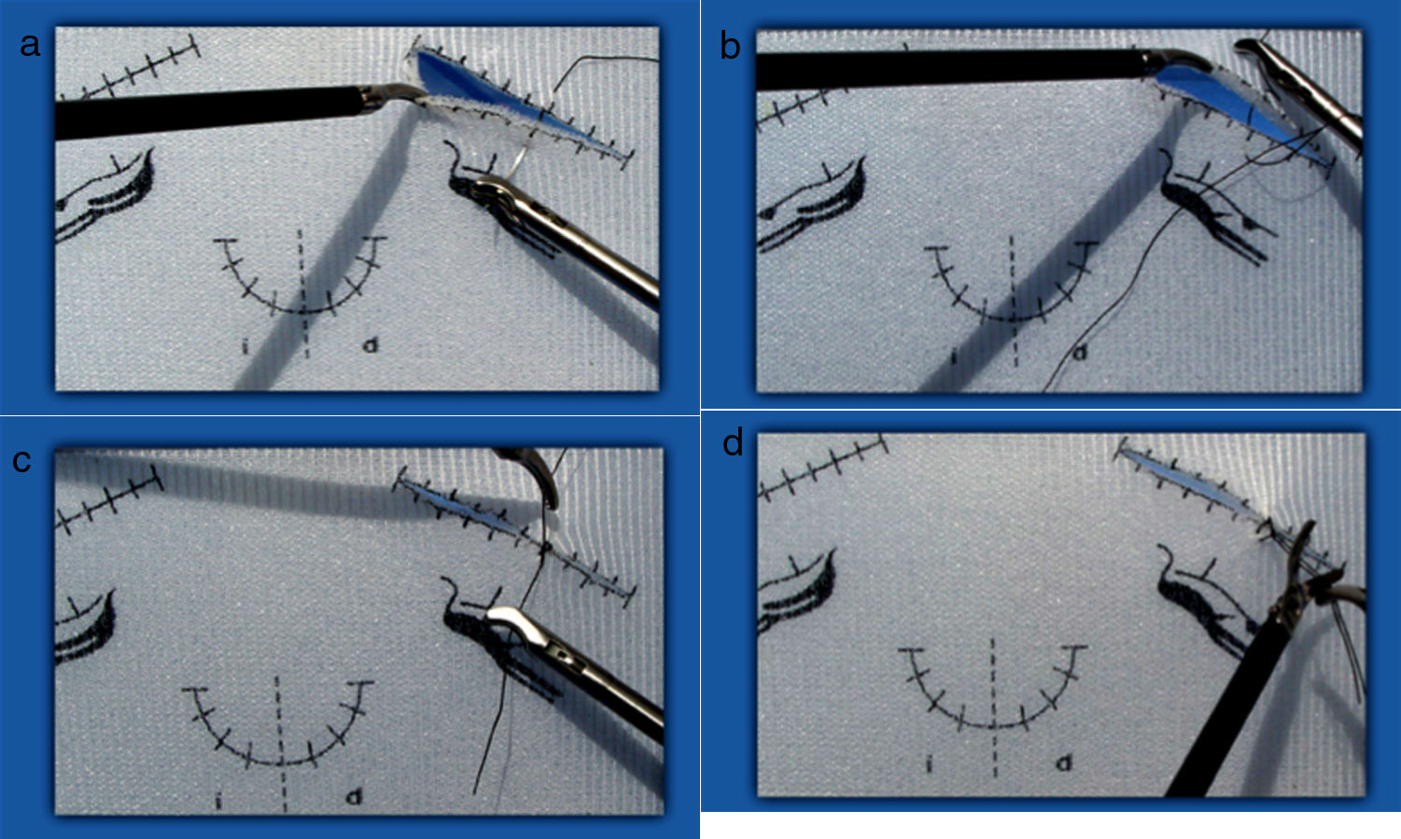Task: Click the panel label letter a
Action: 30,46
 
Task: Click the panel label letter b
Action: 730,46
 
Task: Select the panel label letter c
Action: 21,461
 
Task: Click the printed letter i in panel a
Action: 245,345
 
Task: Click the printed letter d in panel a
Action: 371,343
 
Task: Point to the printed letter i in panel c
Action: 218,801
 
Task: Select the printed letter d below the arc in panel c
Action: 355,796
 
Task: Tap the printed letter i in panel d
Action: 929,763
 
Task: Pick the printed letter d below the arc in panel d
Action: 1063,762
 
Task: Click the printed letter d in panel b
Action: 1080,353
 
